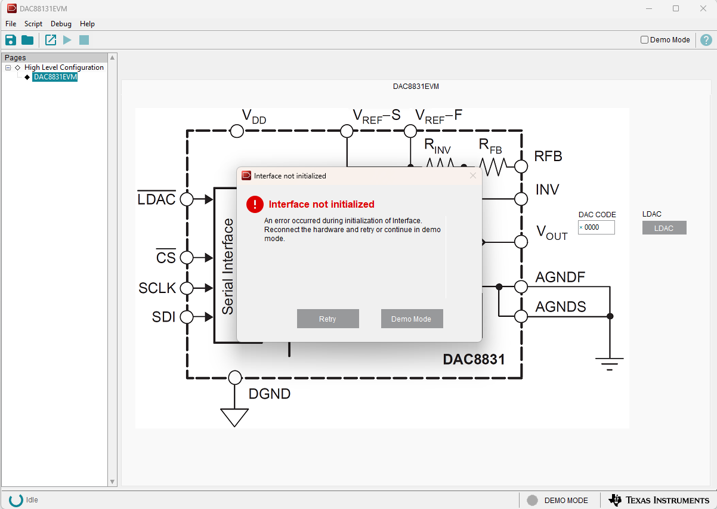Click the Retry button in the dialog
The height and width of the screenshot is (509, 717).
[x=327, y=319]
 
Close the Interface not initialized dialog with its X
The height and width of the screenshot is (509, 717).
[x=473, y=175]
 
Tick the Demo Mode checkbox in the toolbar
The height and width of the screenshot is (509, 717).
[x=644, y=40]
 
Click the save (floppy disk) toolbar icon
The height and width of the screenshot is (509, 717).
[x=11, y=40]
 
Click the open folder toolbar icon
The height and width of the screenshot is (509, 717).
[x=27, y=40]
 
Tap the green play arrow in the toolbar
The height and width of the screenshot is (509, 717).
[x=67, y=40]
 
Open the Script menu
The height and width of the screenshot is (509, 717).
[x=33, y=24]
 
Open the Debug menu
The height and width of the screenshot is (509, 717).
[x=61, y=24]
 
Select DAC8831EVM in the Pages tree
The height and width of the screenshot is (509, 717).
[x=55, y=77]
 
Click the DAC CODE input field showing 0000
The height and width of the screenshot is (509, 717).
[x=596, y=227]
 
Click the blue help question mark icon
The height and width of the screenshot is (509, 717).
[x=706, y=40]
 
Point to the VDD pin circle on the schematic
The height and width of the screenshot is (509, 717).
[x=237, y=131]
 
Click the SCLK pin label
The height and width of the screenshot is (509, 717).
[x=157, y=288]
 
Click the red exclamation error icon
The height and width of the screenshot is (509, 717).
[x=255, y=204]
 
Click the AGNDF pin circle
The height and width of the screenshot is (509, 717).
[x=521, y=287]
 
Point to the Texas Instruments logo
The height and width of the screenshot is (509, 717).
[x=659, y=499]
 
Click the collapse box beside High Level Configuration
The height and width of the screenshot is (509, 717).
[x=8, y=67]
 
